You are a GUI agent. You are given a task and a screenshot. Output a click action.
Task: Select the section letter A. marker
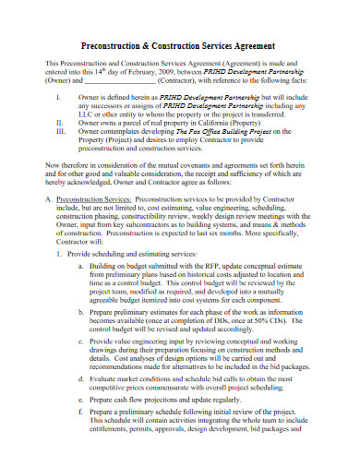point(49,197)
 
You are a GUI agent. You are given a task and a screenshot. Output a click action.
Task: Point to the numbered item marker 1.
point(59,252)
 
